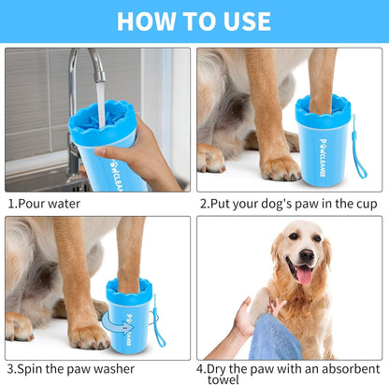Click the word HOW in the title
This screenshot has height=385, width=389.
148,21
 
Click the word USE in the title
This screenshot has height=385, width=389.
245,21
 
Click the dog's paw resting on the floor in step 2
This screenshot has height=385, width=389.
279,168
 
